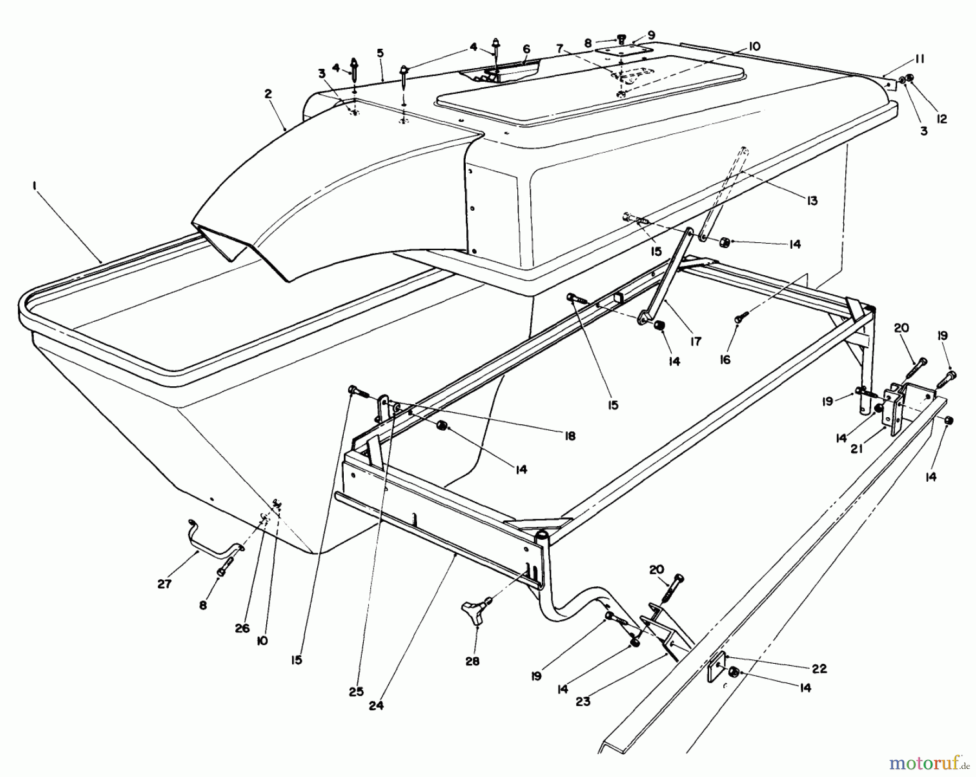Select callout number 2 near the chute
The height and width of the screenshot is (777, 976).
click(x=267, y=94)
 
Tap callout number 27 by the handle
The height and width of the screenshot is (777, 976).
click(x=164, y=584)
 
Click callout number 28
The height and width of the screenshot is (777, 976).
click(x=472, y=662)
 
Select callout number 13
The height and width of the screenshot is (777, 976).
click(x=812, y=201)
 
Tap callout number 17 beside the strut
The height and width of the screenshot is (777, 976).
click(x=696, y=341)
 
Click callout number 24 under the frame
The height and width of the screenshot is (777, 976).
click(x=376, y=706)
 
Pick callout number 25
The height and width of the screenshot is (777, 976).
click(x=356, y=691)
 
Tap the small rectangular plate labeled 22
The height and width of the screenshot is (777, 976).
click(x=717, y=667)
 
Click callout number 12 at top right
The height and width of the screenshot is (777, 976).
click(x=942, y=119)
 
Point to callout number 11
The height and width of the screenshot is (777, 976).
click(x=920, y=59)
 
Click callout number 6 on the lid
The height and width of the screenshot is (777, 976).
click(x=526, y=49)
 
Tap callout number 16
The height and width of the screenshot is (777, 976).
click(x=725, y=359)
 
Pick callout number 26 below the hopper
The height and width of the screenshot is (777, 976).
click(x=242, y=628)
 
